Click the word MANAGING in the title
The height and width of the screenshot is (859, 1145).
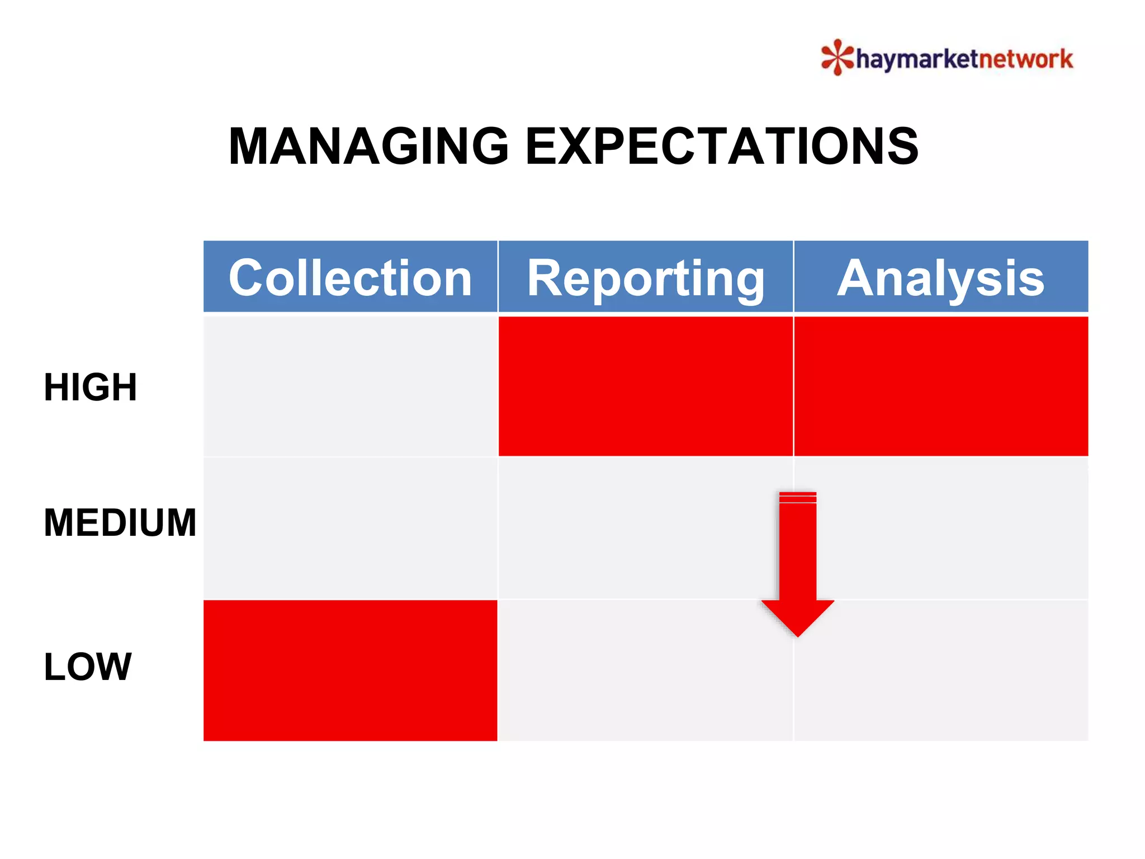[x=369, y=147]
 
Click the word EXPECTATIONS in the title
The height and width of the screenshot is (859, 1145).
[x=721, y=147]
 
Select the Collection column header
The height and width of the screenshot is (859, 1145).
[x=350, y=277]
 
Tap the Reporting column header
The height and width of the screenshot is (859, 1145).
[x=646, y=277]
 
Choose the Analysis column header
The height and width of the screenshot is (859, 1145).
[x=941, y=277]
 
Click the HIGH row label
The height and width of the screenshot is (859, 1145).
[x=91, y=387]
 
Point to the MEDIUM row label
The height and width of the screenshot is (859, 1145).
[x=120, y=523]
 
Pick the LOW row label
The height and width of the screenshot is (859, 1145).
[x=88, y=667]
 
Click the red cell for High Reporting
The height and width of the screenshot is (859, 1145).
[x=646, y=386]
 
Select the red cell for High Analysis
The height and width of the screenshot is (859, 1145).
[x=941, y=386]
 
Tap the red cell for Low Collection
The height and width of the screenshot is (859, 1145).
[x=350, y=670]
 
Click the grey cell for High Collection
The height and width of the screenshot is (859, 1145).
[x=350, y=386]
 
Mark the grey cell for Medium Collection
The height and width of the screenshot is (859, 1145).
[x=350, y=528]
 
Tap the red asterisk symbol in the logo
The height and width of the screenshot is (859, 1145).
[x=837, y=57]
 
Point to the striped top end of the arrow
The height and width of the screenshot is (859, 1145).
[x=798, y=497]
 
